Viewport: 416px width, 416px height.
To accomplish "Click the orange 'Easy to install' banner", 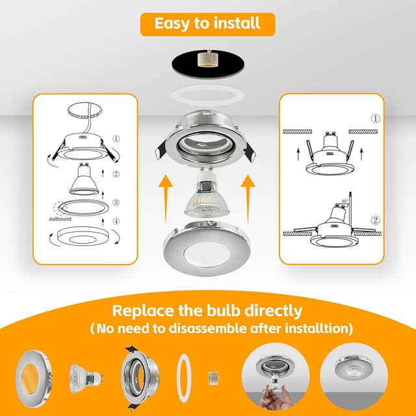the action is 208,24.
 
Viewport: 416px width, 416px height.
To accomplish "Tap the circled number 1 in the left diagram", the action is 116,138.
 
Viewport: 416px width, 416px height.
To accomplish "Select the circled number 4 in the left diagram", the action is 116,221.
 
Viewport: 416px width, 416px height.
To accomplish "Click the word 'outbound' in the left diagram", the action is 60,219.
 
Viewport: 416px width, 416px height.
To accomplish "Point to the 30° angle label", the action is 344,201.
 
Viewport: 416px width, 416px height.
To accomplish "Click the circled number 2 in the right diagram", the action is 375,220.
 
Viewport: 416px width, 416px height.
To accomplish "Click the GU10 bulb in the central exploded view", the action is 207,193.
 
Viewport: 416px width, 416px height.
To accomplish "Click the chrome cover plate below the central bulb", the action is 207,248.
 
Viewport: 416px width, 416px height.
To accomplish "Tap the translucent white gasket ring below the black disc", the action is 208,96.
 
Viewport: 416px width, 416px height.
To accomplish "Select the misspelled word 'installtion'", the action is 317,328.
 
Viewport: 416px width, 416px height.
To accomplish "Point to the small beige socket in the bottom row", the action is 214,378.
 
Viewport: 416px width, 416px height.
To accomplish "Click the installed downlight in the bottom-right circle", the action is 353,369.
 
